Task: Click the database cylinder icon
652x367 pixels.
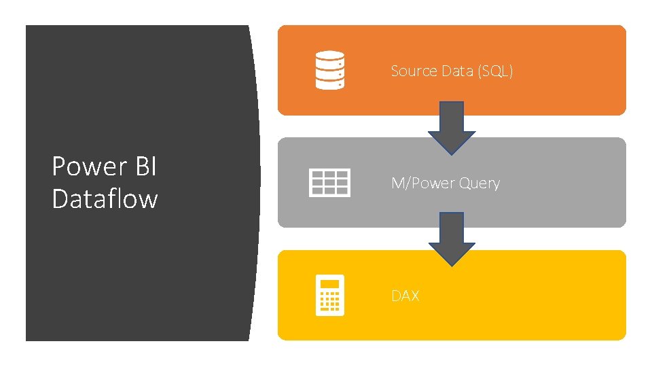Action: (329, 71)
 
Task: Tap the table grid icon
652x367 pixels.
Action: (329, 183)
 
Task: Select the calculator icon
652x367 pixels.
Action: (330, 296)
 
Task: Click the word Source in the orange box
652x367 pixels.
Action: (414, 71)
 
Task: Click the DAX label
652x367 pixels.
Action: (405, 296)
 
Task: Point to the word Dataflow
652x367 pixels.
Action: (105, 199)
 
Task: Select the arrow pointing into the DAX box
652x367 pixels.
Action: (451, 239)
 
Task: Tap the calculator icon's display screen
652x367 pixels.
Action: (330, 283)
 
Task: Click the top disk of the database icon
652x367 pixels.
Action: (329, 57)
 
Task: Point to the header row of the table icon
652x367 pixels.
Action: (329, 173)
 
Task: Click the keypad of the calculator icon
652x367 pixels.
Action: (330, 301)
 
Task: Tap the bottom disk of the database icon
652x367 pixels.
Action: (329, 84)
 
